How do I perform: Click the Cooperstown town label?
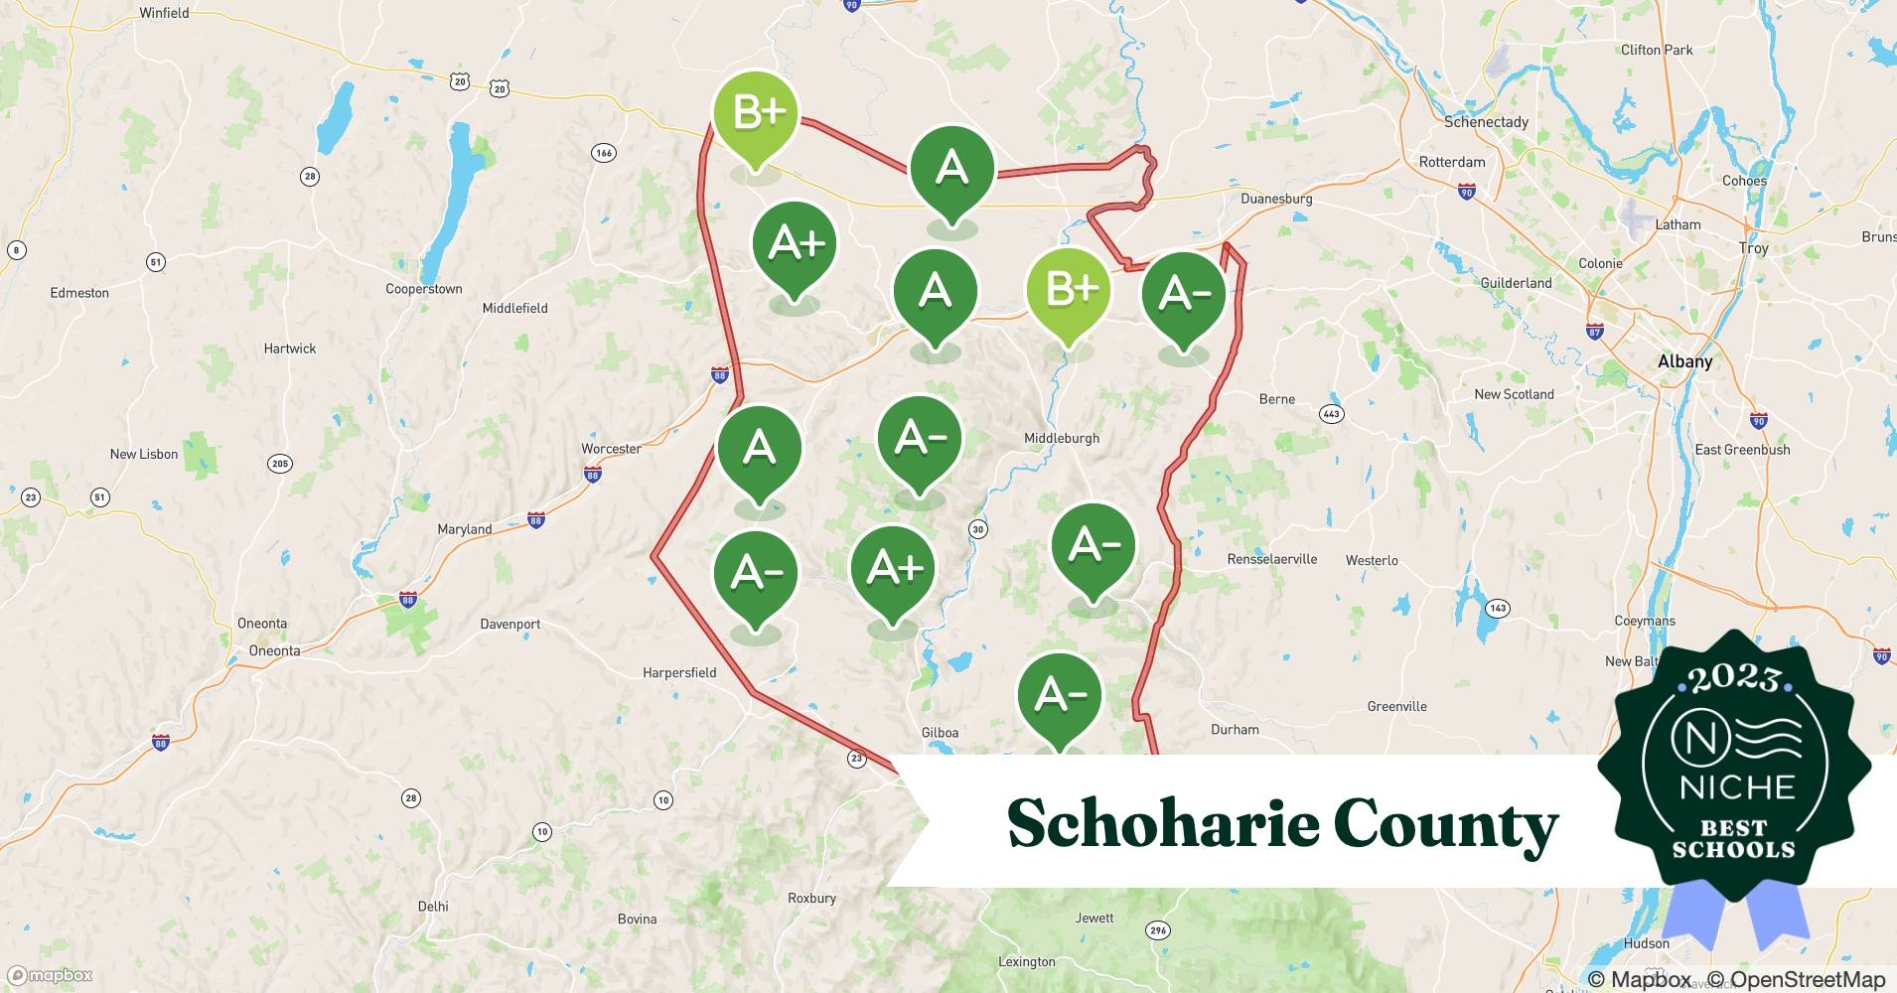[x=424, y=289]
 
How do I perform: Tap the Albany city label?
[x=1684, y=361]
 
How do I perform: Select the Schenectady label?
[x=1486, y=122]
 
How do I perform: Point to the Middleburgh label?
[x=1062, y=438]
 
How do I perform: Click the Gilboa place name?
[x=940, y=733]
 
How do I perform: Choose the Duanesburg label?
[x=1276, y=199]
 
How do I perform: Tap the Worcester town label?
[x=611, y=449]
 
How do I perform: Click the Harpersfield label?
[x=679, y=672]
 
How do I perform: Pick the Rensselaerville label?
[x=1271, y=559]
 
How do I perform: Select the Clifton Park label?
[x=1657, y=50]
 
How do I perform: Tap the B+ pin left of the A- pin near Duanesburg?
[x=1069, y=291]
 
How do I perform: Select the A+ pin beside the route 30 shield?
[x=893, y=570]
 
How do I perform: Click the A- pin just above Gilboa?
[x=1060, y=696]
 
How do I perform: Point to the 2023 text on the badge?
[x=1734, y=677]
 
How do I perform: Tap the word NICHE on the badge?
[x=1737, y=787]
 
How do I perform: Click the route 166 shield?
[x=603, y=153]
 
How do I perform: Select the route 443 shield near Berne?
[x=1331, y=414]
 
